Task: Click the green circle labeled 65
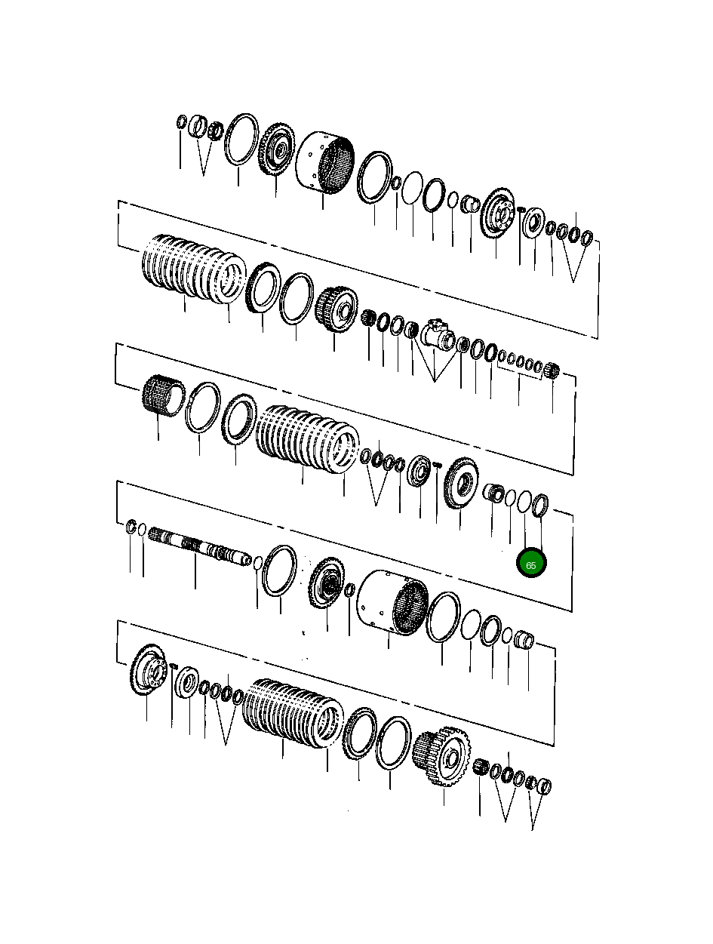(530, 564)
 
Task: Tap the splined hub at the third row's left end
(160, 396)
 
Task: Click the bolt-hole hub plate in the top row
(497, 211)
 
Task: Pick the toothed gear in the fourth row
(327, 585)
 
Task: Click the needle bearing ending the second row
(552, 371)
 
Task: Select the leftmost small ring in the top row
(181, 122)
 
